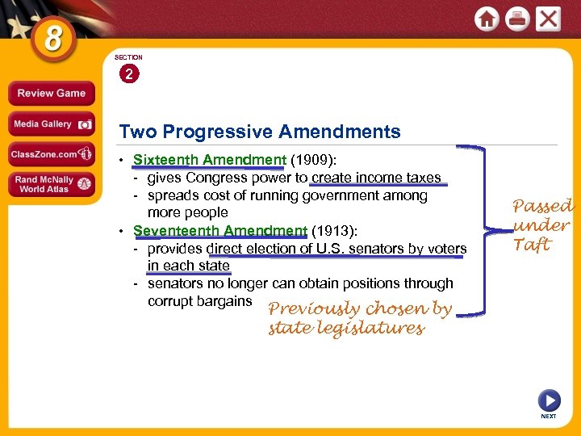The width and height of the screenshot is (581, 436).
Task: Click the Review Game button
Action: [51, 93]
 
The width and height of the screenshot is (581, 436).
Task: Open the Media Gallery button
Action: [51, 124]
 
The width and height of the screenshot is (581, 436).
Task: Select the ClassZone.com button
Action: [51, 154]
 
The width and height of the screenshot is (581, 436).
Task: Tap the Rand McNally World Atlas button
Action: [51, 183]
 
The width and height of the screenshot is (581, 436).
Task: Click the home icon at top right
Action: [487, 19]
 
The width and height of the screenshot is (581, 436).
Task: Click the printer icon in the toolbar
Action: [517, 19]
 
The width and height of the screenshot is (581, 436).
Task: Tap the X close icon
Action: [548, 19]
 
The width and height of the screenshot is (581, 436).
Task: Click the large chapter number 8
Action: [53, 37]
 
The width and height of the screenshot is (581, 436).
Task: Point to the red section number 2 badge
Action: [128, 73]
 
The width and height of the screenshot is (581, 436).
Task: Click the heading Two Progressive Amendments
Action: [259, 132]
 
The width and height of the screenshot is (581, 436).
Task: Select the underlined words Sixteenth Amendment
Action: [210, 160]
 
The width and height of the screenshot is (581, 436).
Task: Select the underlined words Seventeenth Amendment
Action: [220, 231]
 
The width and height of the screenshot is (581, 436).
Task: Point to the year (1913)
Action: [332, 231]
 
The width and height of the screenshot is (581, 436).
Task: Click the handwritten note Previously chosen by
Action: [360, 309]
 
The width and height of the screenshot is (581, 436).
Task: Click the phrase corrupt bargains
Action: [200, 301]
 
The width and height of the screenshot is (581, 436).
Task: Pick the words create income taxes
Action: [376, 178]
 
